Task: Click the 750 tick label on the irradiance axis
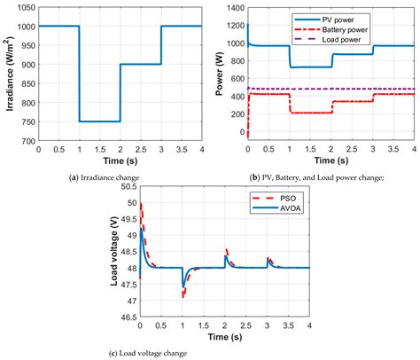[27, 121]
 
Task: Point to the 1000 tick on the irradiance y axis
[24, 27]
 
